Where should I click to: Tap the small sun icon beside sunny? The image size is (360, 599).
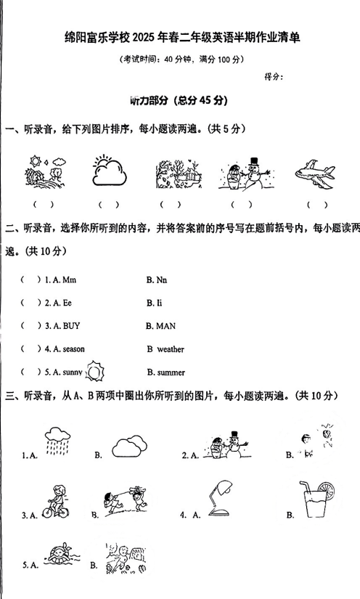(96, 372)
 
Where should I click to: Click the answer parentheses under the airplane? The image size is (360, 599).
(317, 205)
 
